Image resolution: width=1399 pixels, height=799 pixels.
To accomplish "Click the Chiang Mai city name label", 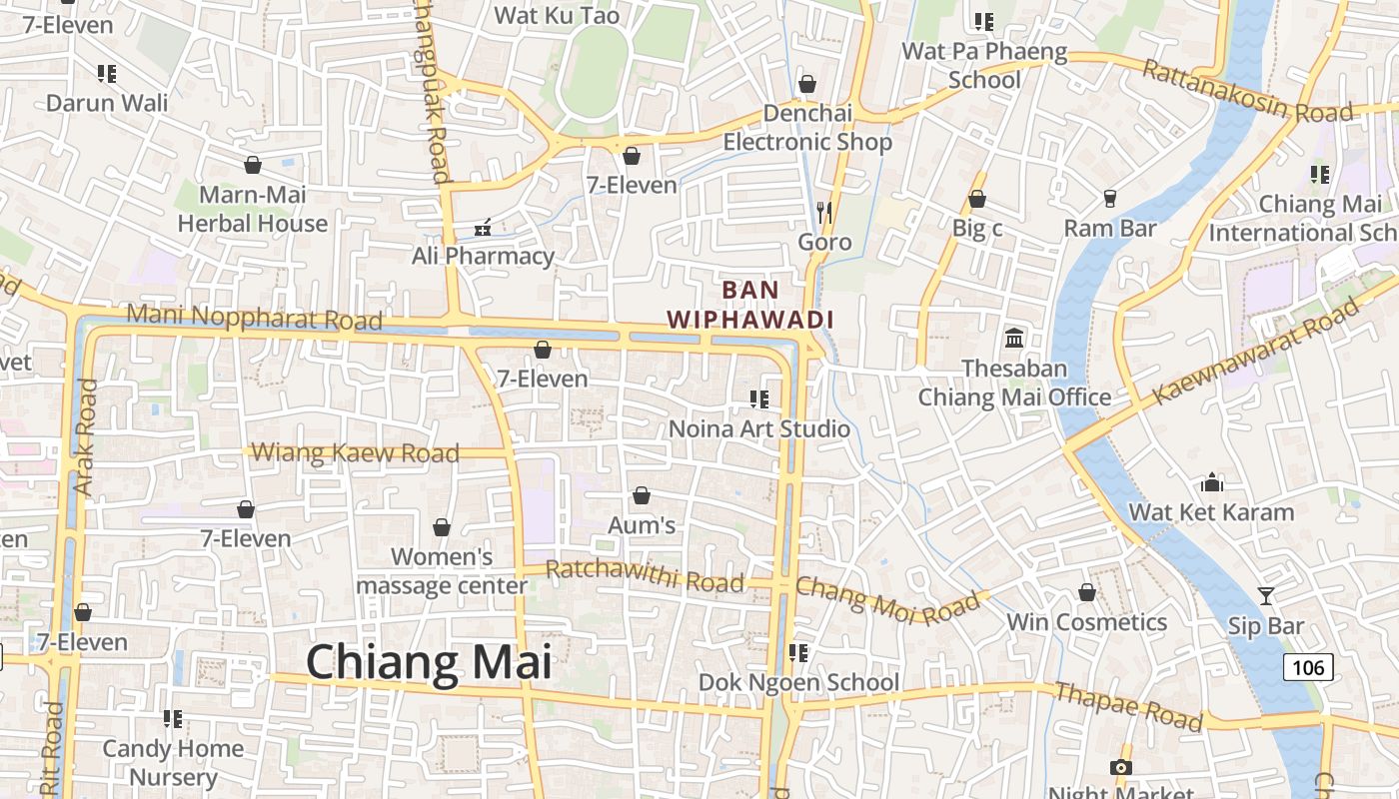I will click(428, 662).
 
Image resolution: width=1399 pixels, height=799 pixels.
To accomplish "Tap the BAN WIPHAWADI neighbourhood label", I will click(750, 305).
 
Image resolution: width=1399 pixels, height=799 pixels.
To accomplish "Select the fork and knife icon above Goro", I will click(824, 212).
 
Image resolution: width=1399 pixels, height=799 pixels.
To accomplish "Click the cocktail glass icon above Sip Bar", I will click(1266, 596).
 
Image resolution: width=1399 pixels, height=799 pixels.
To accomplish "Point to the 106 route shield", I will click(1308, 667).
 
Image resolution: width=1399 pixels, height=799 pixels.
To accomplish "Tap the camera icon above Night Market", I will click(1121, 767).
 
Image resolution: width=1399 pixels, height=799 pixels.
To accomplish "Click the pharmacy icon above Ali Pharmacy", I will click(483, 229).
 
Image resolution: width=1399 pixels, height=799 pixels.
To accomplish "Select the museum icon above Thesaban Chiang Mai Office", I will click(1014, 339).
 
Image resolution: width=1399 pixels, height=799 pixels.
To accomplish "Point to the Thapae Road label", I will click(1128, 706).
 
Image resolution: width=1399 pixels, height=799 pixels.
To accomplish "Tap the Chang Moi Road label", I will click(887, 599).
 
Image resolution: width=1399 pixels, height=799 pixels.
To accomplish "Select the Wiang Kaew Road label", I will click(355, 452).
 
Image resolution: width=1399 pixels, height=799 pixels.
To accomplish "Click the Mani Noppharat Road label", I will click(255, 319).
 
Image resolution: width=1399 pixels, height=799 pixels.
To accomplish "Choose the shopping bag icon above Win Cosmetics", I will click(1087, 592).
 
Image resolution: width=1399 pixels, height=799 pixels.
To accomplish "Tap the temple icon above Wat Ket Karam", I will click(1212, 483).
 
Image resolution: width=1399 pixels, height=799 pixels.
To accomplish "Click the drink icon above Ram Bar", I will click(1109, 199).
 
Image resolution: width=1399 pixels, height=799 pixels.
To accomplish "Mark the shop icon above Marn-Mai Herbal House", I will click(253, 165).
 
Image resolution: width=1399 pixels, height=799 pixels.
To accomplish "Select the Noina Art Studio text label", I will click(759, 428).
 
